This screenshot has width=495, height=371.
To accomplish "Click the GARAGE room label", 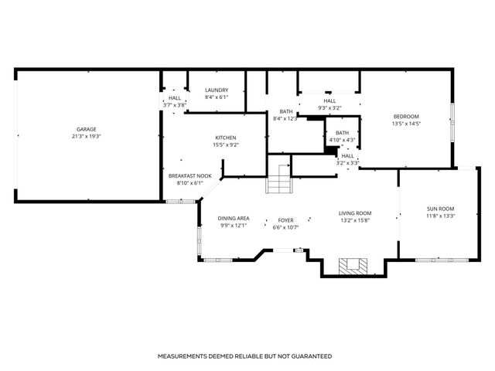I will pyautogui.click(x=85, y=129).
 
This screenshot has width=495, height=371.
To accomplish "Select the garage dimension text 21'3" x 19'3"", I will pyautogui.click(x=85, y=136).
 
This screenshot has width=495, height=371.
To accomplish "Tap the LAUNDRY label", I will pyautogui.click(x=217, y=90).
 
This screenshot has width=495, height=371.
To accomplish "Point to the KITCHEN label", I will pyautogui.click(x=225, y=138).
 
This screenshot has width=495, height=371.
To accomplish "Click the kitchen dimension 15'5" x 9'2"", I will pyautogui.click(x=225, y=145).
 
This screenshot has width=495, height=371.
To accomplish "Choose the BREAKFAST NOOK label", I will pyautogui.click(x=186, y=176).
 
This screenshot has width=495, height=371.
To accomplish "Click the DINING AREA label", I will pyautogui.click(x=234, y=219).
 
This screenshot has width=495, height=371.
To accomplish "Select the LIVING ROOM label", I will pyautogui.click(x=355, y=213).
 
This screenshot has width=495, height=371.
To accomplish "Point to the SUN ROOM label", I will pyautogui.click(x=440, y=209).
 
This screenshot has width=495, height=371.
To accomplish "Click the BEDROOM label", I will pyautogui.click(x=405, y=117).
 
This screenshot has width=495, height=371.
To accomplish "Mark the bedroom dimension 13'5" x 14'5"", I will pyautogui.click(x=405, y=124).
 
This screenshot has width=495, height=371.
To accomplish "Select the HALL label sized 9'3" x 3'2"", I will pyautogui.click(x=329, y=100).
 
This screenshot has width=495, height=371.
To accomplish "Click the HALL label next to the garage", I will pyautogui.click(x=175, y=98).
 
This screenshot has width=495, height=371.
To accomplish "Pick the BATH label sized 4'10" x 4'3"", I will pyautogui.click(x=342, y=133).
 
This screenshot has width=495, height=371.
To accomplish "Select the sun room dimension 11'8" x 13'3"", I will pyautogui.click(x=440, y=216).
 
